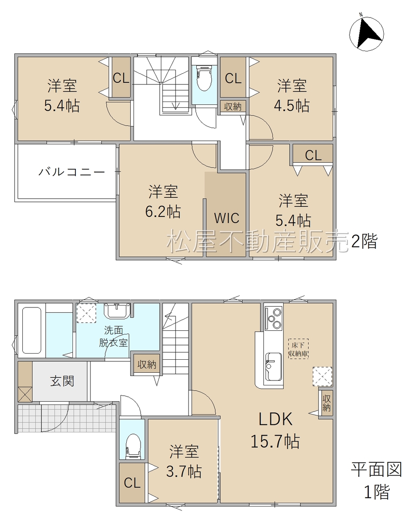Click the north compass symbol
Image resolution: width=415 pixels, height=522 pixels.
[x=366, y=34]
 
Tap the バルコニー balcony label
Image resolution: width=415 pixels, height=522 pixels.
[x=71, y=172]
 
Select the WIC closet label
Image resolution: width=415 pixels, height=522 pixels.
[x=226, y=218]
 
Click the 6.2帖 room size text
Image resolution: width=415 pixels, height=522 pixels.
[x=163, y=211]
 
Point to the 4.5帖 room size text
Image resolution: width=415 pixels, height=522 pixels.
[x=292, y=106]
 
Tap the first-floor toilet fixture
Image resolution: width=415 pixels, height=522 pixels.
[x=133, y=447]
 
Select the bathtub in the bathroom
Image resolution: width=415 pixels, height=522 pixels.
[x=32, y=330]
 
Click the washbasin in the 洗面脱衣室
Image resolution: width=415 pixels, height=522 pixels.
[x=117, y=311]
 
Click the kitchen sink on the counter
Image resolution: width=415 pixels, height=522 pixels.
[x=274, y=367]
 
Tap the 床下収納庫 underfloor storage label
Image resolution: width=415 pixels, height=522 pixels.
[x=298, y=349]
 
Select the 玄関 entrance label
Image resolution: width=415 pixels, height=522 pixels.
[x=62, y=381]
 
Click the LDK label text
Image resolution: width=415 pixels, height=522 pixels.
[x=275, y=419]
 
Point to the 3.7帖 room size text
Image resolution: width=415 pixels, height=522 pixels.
[x=184, y=471]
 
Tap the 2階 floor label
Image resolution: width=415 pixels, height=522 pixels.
[x=364, y=241]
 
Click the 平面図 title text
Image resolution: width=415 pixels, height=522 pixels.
[x=377, y=469]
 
